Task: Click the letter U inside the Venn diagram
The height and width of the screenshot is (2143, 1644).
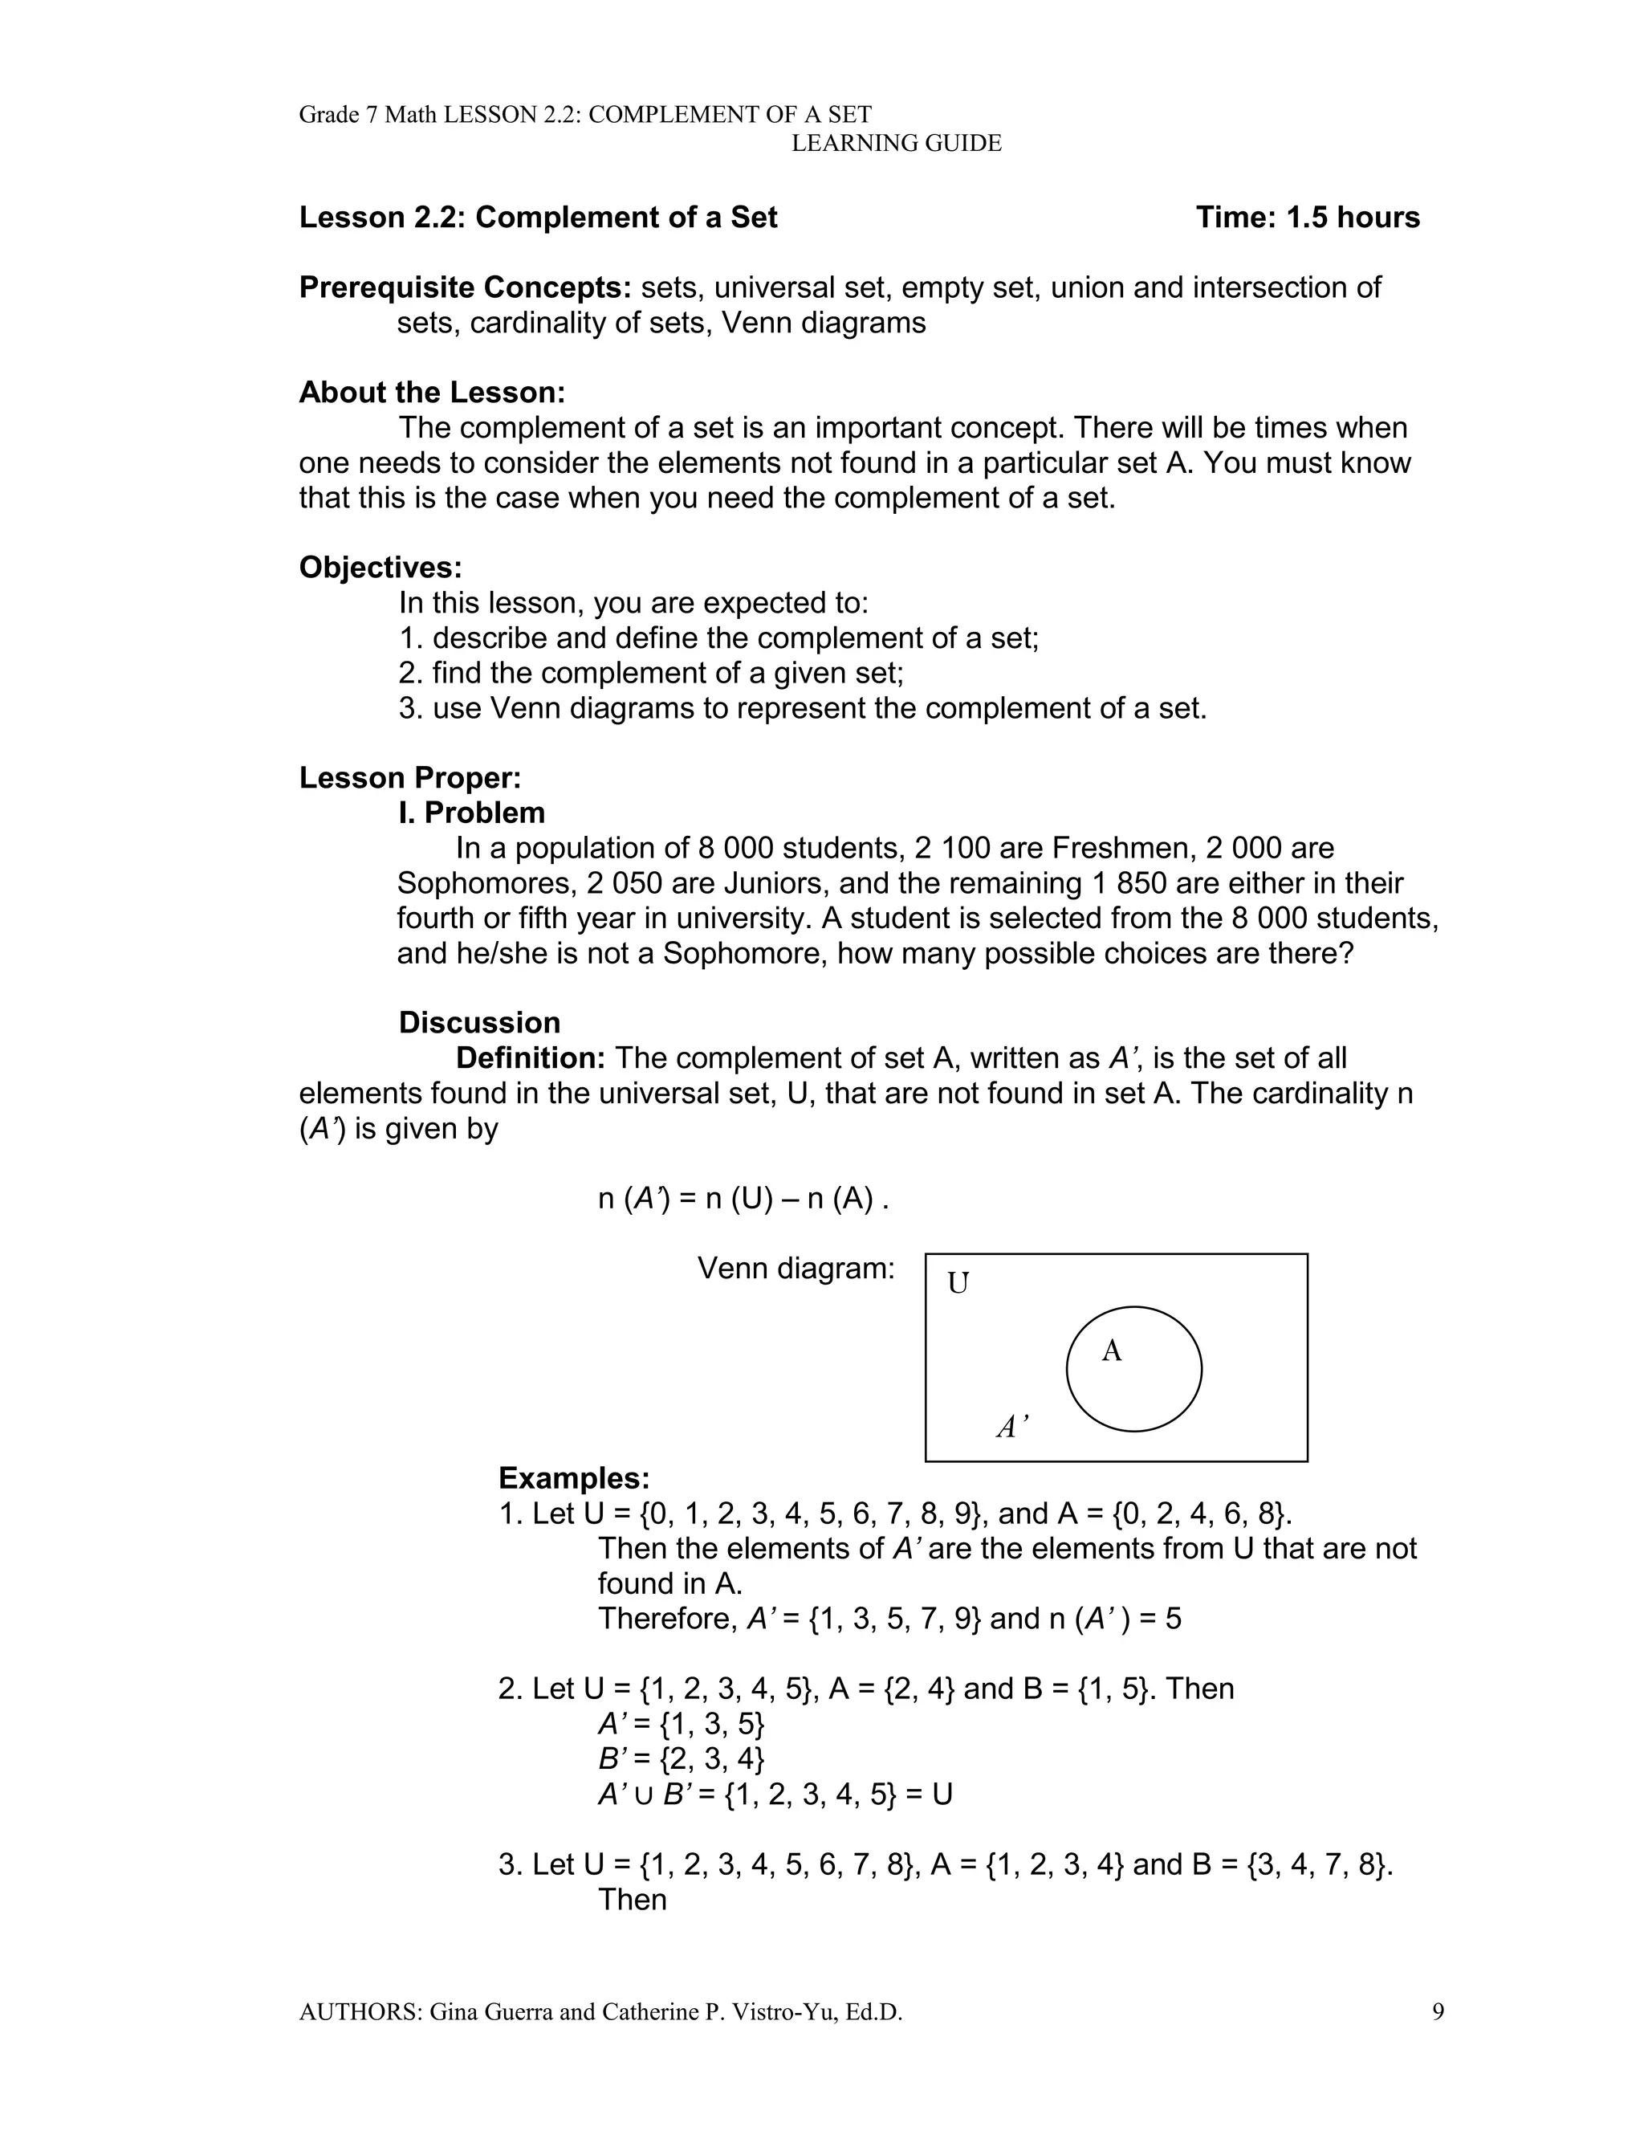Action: tap(958, 1283)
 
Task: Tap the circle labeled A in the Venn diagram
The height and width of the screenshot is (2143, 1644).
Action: tap(1133, 1369)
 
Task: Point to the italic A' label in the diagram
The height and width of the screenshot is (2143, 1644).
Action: tap(1011, 1428)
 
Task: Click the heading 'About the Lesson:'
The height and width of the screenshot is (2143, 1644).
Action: tap(432, 393)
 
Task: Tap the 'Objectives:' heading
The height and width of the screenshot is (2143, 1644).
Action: tap(380, 568)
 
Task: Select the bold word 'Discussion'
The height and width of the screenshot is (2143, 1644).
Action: tap(478, 1023)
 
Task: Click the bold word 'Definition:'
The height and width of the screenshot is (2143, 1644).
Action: tap(531, 1057)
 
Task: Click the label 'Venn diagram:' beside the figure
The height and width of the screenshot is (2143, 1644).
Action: tap(796, 1269)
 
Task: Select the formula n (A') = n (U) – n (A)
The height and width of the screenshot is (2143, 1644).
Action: tap(743, 1199)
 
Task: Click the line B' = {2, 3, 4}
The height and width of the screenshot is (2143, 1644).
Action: tap(681, 1758)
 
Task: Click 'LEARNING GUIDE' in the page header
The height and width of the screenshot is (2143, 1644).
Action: tap(895, 144)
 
